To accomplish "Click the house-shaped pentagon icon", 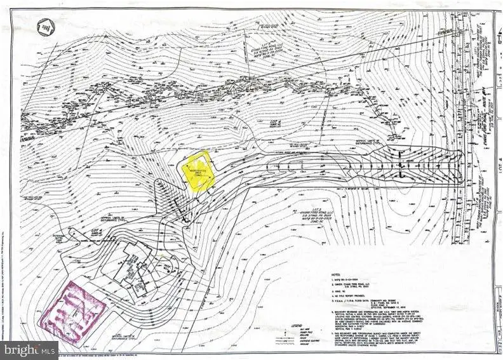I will tap(44, 26).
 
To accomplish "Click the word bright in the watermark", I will tap(20, 349).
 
